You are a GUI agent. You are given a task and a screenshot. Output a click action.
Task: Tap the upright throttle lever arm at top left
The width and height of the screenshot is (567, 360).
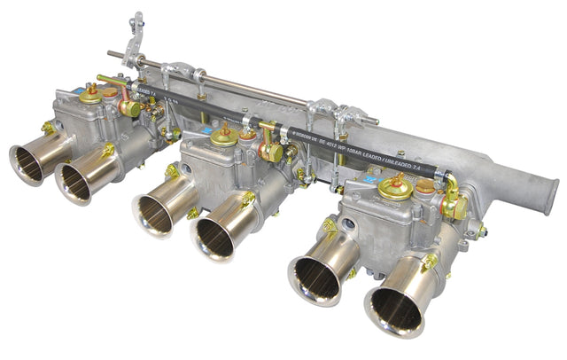(136, 35)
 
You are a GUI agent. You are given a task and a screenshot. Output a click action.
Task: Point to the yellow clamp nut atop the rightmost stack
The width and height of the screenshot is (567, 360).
(429, 262)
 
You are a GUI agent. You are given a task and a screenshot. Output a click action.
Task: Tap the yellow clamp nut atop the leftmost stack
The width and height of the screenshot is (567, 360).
(48, 128)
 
